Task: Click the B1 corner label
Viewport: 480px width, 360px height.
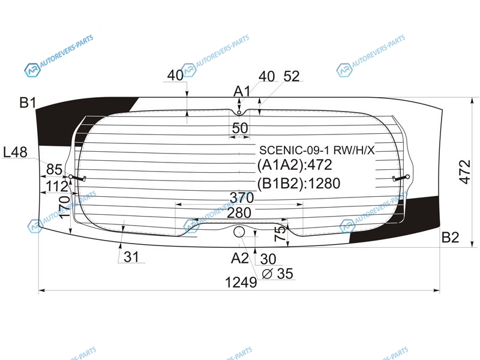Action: click(x=28, y=103)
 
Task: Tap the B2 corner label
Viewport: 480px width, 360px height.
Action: click(x=450, y=238)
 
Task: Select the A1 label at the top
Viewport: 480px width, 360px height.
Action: click(x=242, y=91)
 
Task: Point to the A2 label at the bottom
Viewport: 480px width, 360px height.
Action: click(x=239, y=259)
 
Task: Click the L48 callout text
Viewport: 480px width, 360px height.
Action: click(x=15, y=152)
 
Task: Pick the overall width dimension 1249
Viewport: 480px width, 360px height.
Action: click(x=241, y=283)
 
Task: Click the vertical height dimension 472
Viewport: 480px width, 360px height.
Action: click(x=465, y=172)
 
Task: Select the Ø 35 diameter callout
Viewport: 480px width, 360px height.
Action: click(x=277, y=274)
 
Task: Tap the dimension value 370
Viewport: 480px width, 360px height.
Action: click(x=242, y=198)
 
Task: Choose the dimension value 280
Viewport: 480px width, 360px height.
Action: click(x=239, y=213)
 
